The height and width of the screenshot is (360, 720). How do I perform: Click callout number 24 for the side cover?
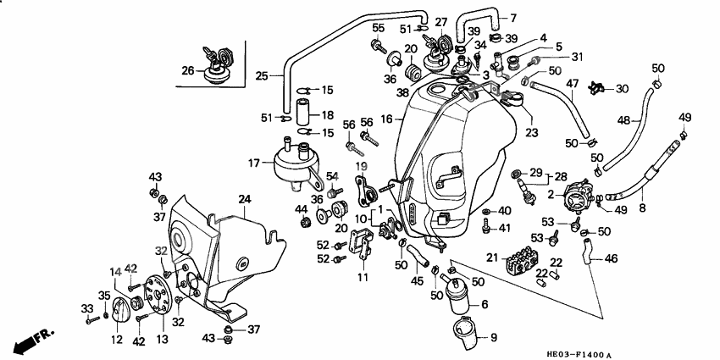pyautogui.click(x=245, y=200)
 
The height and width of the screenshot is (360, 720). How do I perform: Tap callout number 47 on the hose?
pyautogui.click(x=573, y=83)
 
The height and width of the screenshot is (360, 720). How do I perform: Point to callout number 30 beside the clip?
pyautogui.click(x=622, y=88)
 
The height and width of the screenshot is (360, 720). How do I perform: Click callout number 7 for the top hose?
pyautogui.click(x=512, y=17)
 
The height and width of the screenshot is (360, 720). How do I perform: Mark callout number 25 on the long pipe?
pyautogui.click(x=262, y=75)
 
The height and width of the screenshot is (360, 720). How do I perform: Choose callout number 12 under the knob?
pyautogui.click(x=116, y=340)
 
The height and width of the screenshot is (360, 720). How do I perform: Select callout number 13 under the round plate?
pyautogui.click(x=162, y=339)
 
